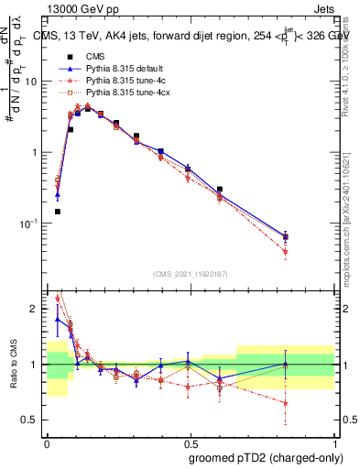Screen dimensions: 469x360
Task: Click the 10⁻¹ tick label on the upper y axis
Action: [29, 224]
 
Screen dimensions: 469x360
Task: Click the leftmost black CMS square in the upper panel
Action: [57, 212]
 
